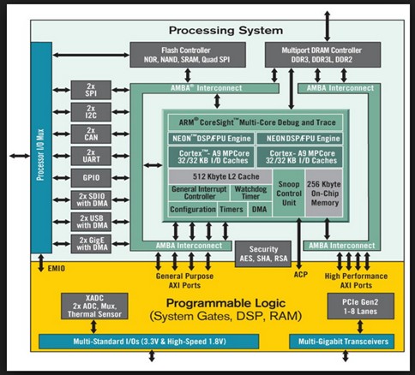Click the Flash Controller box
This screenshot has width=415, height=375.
coord(188,55)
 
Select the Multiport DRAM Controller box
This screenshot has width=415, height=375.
coord(322,55)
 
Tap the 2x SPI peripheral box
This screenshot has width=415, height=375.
coord(91,90)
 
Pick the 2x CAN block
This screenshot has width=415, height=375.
coord(91,134)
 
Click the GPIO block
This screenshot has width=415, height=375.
coord(91,178)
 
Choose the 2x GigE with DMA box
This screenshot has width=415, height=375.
coord(91,244)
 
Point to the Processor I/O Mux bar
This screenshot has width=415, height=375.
coord(41,147)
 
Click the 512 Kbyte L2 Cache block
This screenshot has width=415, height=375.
coord(220,176)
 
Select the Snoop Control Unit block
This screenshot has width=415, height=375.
coord(289,193)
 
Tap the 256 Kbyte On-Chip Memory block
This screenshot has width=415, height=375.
coord(324,193)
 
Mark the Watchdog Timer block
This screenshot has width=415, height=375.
coord(250,193)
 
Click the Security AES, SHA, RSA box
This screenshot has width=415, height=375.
coord(263,254)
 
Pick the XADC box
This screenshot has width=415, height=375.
coord(94,307)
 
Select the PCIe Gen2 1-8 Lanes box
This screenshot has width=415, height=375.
coord(361,307)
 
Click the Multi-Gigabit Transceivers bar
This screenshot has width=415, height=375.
coord(342,342)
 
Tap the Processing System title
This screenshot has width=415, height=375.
coord(226,30)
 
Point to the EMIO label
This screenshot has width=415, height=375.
coord(57,269)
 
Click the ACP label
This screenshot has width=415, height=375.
coord(301,275)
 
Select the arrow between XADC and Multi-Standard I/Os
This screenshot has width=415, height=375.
coord(93,327)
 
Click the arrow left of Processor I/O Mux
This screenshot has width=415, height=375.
coord(20,156)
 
